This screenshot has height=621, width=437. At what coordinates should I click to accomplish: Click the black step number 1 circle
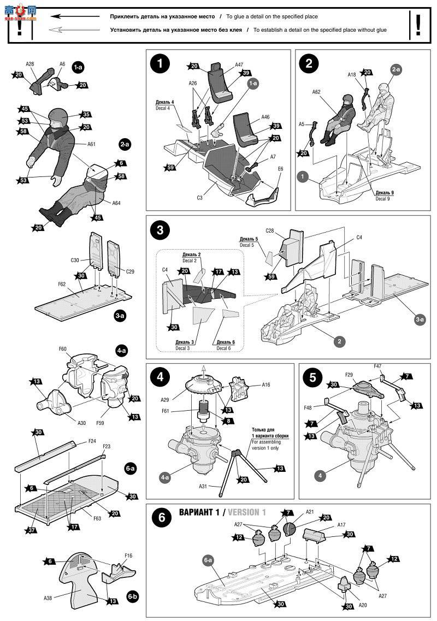tap(160, 63)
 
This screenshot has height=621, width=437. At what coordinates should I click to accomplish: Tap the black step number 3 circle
tap(160, 229)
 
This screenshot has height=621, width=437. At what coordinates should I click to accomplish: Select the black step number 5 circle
tap(311, 377)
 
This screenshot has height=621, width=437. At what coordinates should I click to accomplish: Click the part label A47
tap(239, 64)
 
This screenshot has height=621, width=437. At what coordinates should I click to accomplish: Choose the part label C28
tap(269, 230)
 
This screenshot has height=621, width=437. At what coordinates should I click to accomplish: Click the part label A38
tap(48, 597)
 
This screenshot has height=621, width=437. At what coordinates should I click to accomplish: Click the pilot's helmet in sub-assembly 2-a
tap(57, 116)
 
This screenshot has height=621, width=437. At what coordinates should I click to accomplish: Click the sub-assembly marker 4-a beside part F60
tap(121, 350)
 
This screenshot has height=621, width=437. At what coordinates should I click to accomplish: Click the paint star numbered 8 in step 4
tap(226, 421)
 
